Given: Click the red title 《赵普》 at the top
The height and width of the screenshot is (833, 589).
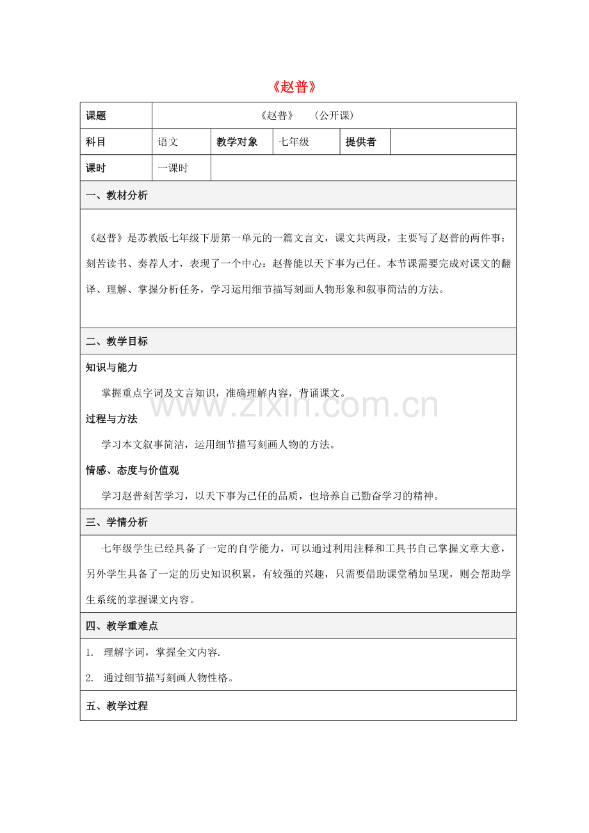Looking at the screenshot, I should (x=295, y=87).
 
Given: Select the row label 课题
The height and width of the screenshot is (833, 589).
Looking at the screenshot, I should (x=96, y=116).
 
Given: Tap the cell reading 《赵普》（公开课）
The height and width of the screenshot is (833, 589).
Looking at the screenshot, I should (x=307, y=116).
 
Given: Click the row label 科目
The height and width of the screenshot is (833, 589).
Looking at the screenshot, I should (x=96, y=142).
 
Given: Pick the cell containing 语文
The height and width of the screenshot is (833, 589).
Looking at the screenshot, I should (x=168, y=142).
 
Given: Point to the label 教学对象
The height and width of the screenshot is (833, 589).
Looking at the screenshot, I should (x=237, y=142).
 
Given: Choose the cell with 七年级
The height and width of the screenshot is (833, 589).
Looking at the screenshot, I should (x=294, y=142).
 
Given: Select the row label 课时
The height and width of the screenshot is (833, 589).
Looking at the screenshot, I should (x=96, y=168).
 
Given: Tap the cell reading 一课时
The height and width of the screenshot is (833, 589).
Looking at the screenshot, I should (x=174, y=168).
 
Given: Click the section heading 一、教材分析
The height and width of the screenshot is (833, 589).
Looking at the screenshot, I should (x=117, y=196).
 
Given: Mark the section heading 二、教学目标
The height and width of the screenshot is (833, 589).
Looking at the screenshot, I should (x=117, y=342).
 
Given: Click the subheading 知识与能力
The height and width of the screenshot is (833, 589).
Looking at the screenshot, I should (x=111, y=368).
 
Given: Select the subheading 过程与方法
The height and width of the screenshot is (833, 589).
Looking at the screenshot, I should (x=111, y=419).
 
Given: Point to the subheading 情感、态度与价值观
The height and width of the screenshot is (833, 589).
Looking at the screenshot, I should (x=132, y=470).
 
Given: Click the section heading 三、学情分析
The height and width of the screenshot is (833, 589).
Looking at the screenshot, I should (x=117, y=523).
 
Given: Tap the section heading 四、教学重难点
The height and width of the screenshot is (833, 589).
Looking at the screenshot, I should (x=122, y=626).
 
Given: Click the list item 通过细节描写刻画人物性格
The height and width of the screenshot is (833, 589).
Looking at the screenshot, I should (x=168, y=678).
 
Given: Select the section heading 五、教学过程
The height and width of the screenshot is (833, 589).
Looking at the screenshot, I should (x=117, y=706).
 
